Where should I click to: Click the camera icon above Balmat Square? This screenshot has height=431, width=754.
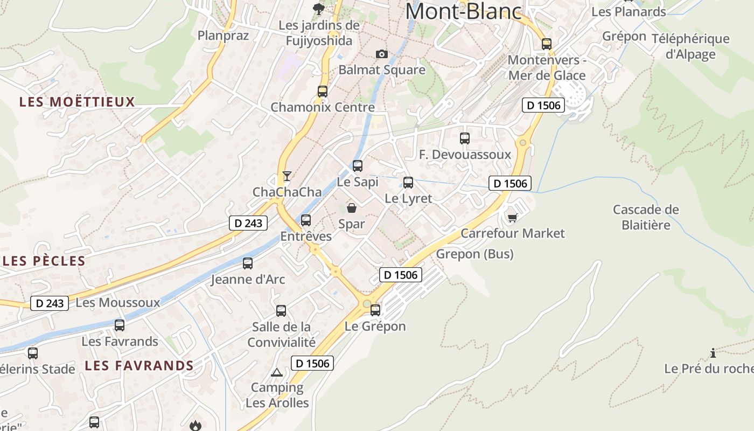pos(381,54)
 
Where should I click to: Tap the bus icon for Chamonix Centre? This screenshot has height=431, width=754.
pos(323,92)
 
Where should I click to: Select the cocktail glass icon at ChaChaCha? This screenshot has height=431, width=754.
pos(287,176)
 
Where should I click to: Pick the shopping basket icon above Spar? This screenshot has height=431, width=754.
pos(352,207)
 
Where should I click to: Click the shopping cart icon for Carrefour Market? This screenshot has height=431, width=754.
pos(512,218)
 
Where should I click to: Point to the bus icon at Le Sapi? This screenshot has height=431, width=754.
pos(358,166)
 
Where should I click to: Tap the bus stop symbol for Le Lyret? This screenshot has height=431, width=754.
pos(408,183)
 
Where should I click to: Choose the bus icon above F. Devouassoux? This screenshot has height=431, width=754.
pos(465,138)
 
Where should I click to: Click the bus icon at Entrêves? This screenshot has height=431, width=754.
pos(306,220)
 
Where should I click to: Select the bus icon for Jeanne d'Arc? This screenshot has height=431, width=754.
pos(248,263)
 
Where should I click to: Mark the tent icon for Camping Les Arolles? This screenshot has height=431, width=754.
pos(276,372)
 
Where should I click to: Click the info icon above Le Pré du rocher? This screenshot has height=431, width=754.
pos(713,353)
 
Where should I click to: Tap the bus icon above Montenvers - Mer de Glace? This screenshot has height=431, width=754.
pos(547,44)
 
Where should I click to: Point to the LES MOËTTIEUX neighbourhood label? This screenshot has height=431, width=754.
pos(77,102)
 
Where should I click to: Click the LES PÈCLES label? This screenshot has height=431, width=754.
pos(44,261)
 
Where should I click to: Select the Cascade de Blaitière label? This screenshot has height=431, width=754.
pos(646,217)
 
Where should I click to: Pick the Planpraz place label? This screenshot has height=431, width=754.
pos(223,36)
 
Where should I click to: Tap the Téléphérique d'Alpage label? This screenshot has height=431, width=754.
pos(690,46)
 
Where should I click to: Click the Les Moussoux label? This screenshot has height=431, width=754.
pos(118,302)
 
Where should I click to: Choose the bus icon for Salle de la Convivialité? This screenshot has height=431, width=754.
pos(281,311)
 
